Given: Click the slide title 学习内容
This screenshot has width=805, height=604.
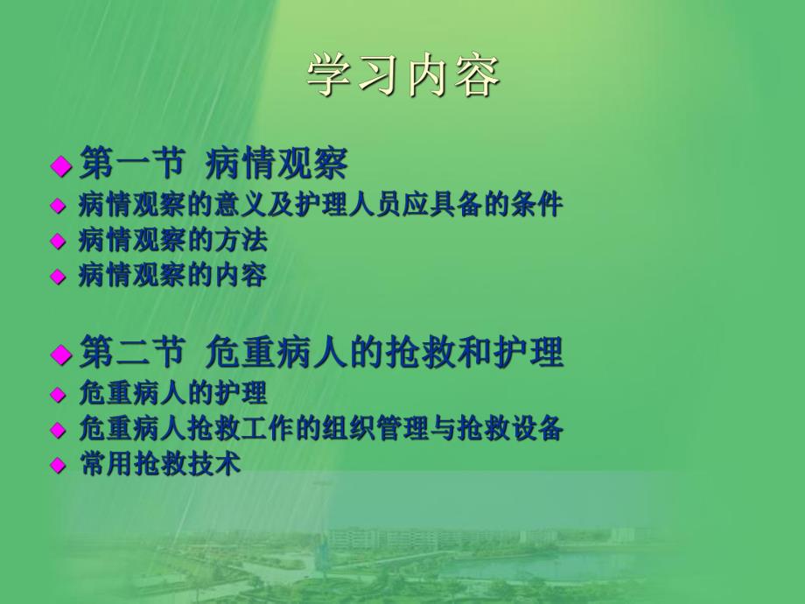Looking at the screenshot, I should (x=403, y=78).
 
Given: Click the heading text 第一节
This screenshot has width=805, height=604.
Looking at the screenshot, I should (x=132, y=164).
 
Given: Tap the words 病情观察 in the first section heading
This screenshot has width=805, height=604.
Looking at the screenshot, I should (x=277, y=164).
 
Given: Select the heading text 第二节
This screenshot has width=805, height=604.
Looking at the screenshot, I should (x=132, y=353).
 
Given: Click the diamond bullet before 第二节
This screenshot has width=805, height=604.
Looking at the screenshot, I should (x=59, y=355).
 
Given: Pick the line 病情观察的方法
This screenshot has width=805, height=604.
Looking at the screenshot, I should (x=172, y=239).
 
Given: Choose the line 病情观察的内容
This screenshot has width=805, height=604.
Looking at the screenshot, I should (x=172, y=276).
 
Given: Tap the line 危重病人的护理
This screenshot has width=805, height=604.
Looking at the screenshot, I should (x=172, y=393).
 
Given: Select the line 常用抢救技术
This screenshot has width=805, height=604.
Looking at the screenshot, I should (x=158, y=465).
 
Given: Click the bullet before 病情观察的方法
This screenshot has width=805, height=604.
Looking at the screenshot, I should (x=59, y=241).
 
